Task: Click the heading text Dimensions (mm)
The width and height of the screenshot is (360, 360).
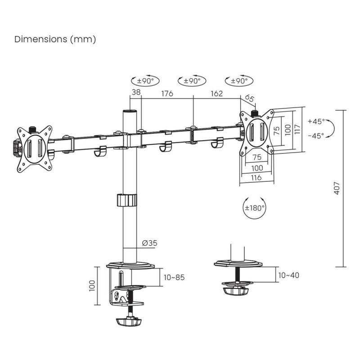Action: click(x=55, y=40)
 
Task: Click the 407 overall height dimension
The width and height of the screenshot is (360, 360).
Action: click(x=337, y=188)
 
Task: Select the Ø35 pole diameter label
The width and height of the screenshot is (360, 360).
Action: click(x=149, y=243)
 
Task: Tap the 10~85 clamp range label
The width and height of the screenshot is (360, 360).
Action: click(x=175, y=277)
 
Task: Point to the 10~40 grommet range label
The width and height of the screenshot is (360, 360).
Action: click(x=288, y=274)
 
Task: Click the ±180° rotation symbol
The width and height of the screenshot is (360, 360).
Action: click(x=255, y=208)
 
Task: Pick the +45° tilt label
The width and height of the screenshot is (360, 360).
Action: click(x=316, y=122)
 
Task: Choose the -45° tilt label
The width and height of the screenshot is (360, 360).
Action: click(x=316, y=135)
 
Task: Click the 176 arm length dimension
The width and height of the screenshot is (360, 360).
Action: click(x=167, y=94)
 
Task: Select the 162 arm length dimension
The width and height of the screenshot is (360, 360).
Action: click(x=216, y=94)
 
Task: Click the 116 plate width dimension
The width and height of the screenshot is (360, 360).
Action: click(x=256, y=178)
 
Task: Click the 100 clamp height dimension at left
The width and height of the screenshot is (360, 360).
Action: click(x=92, y=285)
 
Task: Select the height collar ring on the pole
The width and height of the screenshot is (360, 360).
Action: click(x=127, y=200)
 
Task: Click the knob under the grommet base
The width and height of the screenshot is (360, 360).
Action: click(x=237, y=290)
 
